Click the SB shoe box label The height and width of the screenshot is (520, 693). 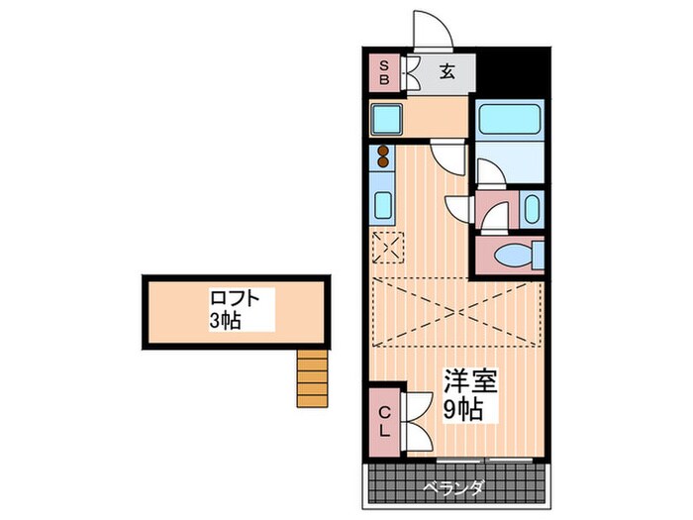coord(384,73)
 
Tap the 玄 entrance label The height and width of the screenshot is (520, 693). coord(446,71)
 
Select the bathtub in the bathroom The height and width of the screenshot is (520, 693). coord(510,119)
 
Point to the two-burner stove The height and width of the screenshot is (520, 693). coord(383,156)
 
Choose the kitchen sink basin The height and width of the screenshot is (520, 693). coord(383,206)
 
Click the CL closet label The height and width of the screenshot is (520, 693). coord(385,421)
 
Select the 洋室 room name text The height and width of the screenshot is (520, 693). coord(470,380)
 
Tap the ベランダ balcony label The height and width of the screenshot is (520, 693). coord(453,488)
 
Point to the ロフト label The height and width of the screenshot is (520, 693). coord(235,298)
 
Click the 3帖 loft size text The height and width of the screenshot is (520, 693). coord(225,320)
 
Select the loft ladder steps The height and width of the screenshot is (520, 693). coord(313,378)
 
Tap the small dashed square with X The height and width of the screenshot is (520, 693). coord(388,248)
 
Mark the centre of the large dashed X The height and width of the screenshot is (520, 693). coord(457,312)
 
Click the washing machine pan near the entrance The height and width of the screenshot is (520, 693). coord(387,119)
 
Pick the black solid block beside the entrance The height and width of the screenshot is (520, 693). coord(513,73)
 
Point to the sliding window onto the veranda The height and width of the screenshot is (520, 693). coord(484,461)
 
